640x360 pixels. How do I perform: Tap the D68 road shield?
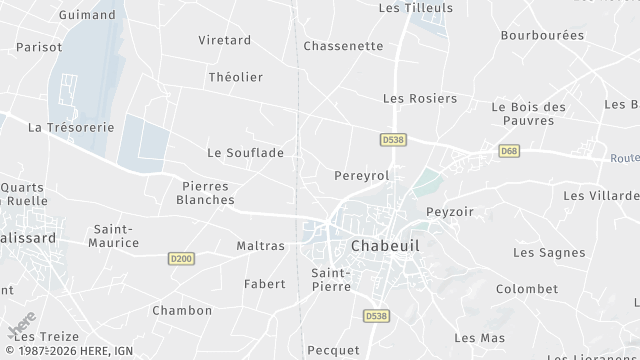pyautogui.click(x=509, y=150)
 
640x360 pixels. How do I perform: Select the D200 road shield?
pyautogui.click(x=180, y=258)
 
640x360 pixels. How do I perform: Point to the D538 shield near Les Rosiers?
pyautogui.click(x=392, y=141)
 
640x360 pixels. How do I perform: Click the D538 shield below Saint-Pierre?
pyautogui.click(x=373, y=316)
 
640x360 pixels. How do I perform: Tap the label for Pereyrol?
pyautogui.click(x=360, y=175)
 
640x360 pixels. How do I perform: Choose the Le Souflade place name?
pyautogui.click(x=245, y=153)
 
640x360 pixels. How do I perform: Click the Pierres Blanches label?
pyautogui.click(x=205, y=192)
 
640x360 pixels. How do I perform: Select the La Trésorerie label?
pyautogui.click(x=71, y=127)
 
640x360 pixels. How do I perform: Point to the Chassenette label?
pyautogui.click(x=343, y=46)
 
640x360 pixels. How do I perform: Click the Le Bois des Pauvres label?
pyautogui.click(x=529, y=113)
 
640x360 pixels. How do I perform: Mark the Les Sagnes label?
pyautogui.click(x=549, y=252)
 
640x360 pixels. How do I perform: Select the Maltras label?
pyautogui.click(x=260, y=245)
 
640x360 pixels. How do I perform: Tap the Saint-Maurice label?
pyautogui.click(x=115, y=236)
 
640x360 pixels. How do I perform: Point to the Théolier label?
pyautogui.click(x=235, y=77)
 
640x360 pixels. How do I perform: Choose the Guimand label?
pyautogui.click(x=87, y=15)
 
